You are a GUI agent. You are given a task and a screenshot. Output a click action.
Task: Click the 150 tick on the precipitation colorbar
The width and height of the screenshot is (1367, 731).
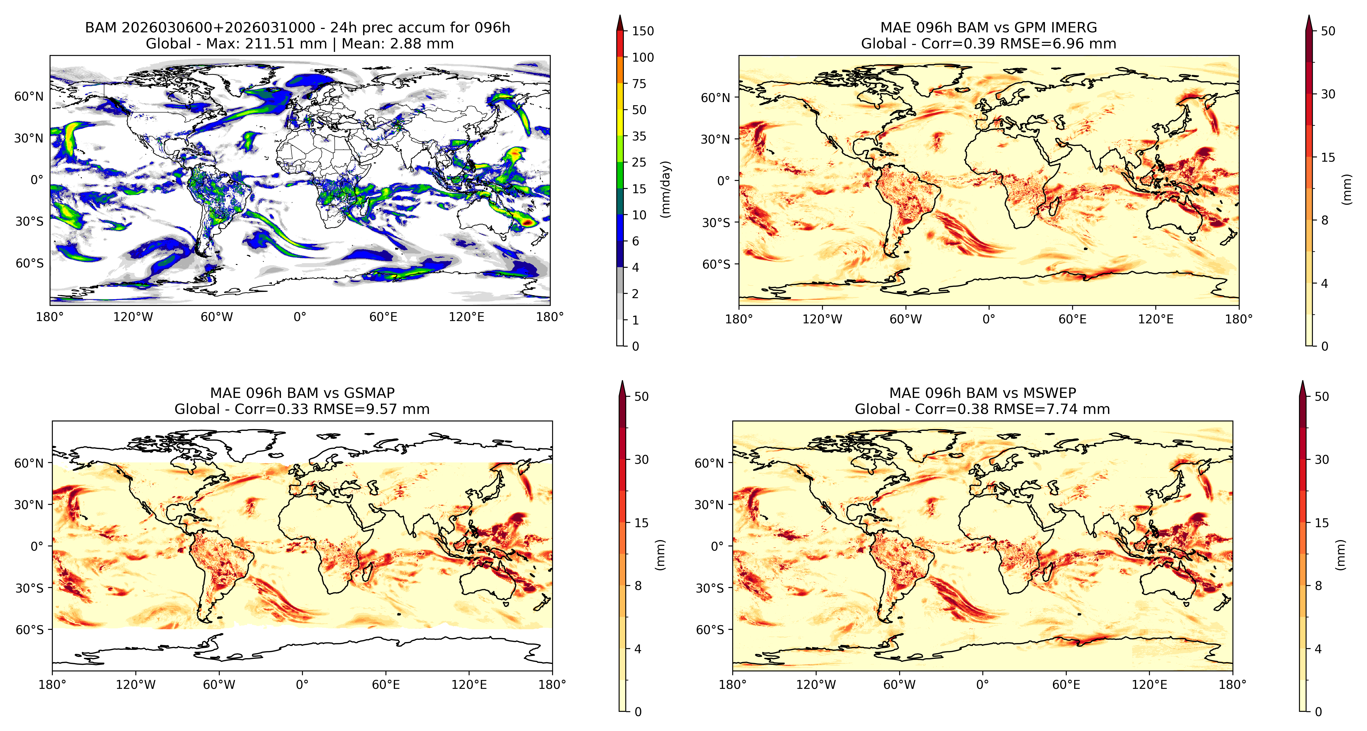643,31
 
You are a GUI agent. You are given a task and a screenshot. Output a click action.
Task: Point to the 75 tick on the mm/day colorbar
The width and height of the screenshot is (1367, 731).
639,83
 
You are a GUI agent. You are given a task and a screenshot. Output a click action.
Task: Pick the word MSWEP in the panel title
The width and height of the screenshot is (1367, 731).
1050,393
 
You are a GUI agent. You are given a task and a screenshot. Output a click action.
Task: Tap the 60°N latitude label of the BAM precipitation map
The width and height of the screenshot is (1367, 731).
29,96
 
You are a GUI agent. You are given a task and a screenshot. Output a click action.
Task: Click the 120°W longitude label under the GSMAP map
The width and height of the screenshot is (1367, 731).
136,684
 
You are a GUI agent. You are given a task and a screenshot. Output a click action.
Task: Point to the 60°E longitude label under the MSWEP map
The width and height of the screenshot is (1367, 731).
1066,684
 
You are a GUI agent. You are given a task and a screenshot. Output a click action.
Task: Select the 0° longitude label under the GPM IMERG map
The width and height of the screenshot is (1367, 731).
989,319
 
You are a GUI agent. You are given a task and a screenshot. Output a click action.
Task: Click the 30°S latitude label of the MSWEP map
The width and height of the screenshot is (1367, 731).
710,588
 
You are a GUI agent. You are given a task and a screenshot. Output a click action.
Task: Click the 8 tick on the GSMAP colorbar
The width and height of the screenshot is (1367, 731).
638,586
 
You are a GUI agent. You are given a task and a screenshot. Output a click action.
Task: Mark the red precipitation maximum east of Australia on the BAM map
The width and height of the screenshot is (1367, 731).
527,222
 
